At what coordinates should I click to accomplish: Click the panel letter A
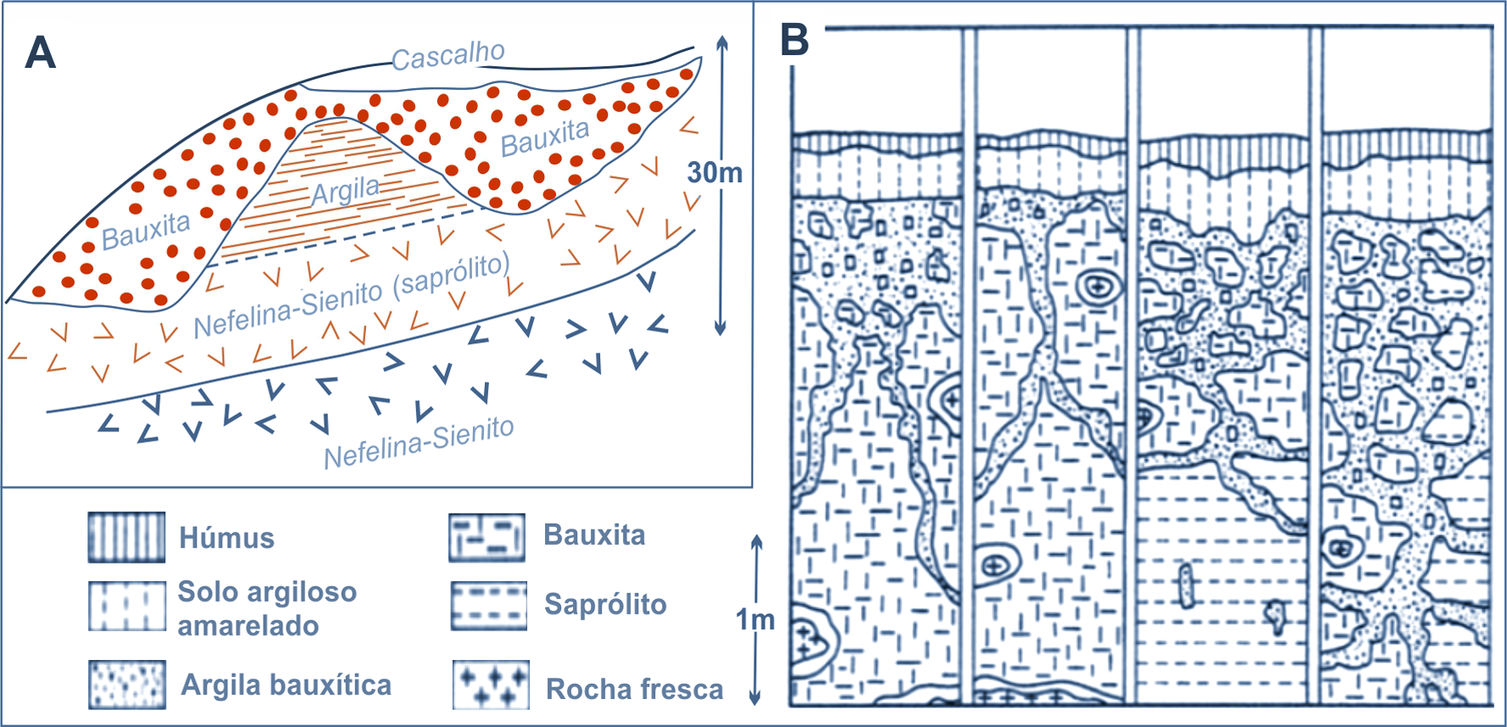[x=41, y=53]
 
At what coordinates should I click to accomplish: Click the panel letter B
[x=794, y=39]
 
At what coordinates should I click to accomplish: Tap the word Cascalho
[x=448, y=56]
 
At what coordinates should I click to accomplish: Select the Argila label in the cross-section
[x=345, y=191]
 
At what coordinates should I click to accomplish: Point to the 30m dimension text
[x=715, y=173]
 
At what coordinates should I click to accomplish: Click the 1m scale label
[x=755, y=620]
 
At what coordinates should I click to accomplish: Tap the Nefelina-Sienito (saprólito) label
[x=352, y=295]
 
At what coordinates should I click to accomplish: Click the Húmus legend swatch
[x=127, y=537]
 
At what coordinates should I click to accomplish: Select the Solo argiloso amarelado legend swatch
[x=127, y=606]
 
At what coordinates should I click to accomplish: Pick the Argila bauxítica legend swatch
[x=127, y=685]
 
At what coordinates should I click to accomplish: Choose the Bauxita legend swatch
[x=487, y=537]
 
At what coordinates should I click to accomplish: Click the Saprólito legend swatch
[x=488, y=605]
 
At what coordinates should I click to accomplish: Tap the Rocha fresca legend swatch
[x=491, y=685]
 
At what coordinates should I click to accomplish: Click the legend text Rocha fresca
[x=634, y=689]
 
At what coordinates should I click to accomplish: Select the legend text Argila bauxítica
[x=286, y=685]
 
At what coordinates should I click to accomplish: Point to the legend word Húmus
[x=226, y=538]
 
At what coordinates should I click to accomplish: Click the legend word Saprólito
[x=605, y=604]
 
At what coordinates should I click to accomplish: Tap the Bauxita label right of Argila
[x=544, y=138]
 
